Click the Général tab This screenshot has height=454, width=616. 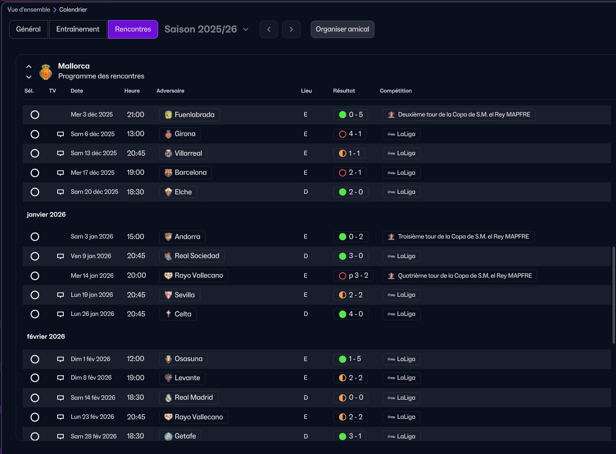28,29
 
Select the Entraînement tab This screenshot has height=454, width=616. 78,29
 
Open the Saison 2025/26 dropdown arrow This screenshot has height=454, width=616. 246,30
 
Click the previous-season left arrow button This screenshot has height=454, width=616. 269,30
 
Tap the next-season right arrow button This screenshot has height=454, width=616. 291,30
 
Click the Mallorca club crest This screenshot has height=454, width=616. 46,72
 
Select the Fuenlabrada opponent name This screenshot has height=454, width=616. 194,115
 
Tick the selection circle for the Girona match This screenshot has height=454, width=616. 35,134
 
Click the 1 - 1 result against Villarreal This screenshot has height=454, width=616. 354,153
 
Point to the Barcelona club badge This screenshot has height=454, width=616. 168,173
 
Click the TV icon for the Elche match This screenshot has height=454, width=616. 60,192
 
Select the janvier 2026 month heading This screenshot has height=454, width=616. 46,214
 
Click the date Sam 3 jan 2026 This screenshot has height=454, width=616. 92,237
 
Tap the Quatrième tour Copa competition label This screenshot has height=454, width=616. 465,276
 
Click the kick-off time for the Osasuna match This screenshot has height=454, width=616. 136,359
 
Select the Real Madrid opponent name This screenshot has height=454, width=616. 194,398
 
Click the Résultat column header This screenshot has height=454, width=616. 344,91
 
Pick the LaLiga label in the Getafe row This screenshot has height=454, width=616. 406,436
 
